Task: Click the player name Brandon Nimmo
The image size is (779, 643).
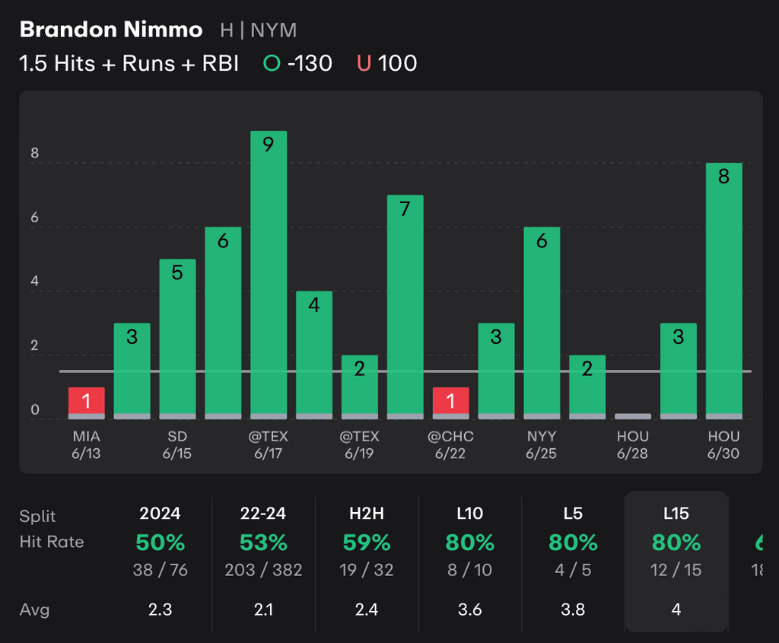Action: [x=111, y=30]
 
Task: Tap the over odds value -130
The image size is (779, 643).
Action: [x=310, y=63]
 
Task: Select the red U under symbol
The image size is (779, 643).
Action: [x=364, y=63]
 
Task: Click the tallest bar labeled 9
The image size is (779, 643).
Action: [x=269, y=274]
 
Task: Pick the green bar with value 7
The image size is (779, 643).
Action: [x=405, y=304]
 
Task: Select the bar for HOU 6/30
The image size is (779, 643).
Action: [x=723, y=289]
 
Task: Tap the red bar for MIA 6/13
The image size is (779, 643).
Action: [x=86, y=401]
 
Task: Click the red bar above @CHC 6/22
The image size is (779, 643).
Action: [x=450, y=401]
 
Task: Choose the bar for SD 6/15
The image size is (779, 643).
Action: [x=177, y=339]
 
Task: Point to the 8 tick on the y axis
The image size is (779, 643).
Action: [x=34, y=152]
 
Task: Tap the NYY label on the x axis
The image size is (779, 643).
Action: [x=542, y=437]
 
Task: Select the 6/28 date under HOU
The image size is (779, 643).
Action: [x=632, y=454]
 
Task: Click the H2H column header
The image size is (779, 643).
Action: [x=367, y=514]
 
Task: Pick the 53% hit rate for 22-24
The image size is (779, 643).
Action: [x=263, y=543]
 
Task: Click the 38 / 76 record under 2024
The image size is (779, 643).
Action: [x=161, y=569]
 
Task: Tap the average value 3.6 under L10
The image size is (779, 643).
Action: [x=470, y=610]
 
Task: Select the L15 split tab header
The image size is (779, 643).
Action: [x=676, y=514]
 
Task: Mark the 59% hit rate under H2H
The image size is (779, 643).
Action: [x=367, y=543]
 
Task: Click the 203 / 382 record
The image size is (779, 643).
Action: [x=263, y=569]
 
